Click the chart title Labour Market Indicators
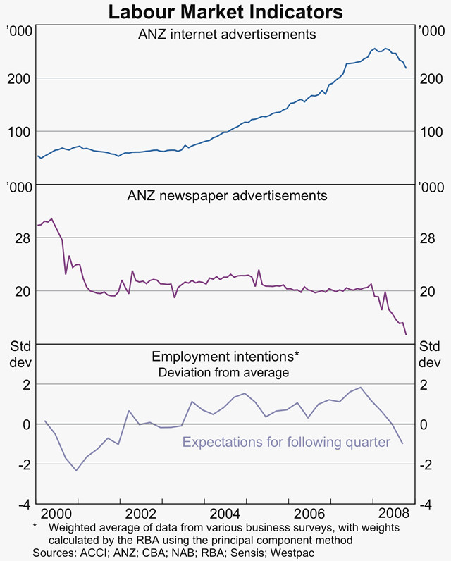tap(225, 12)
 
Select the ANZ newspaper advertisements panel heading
tap(225, 195)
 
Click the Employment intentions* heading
tap(225, 357)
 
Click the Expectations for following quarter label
tap(286, 443)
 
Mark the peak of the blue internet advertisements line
tap(385, 49)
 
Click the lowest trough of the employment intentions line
tap(76, 470)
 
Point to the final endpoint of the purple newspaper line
tap(405, 334)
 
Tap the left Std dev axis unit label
tap(19, 355)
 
